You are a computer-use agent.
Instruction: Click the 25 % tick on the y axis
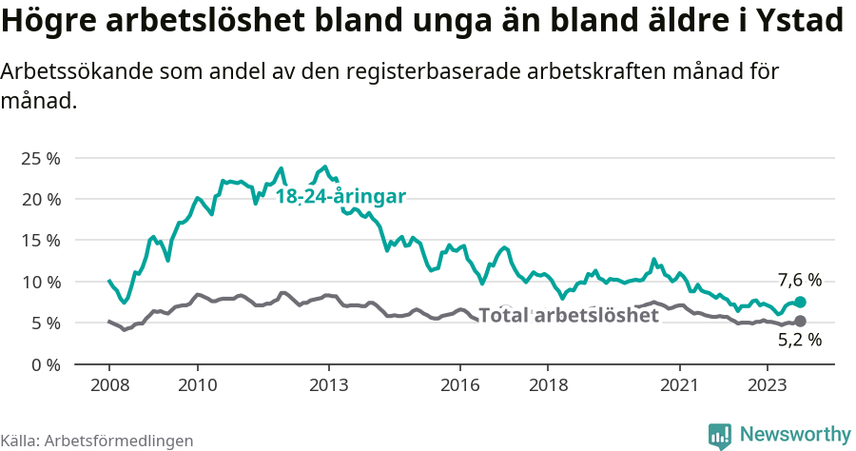click(x=40, y=158)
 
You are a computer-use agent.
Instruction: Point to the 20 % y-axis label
click(x=40, y=199)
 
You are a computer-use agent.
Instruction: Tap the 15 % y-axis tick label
click(x=40, y=240)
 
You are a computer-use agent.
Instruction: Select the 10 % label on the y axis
click(x=40, y=282)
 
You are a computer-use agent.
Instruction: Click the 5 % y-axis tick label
click(x=45, y=323)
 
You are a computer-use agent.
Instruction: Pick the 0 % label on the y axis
click(x=45, y=364)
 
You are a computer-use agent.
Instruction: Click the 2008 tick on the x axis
click(x=108, y=384)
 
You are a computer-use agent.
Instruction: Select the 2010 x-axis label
click(x=197, y=384)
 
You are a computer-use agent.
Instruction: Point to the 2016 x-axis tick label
click(x=460, y=384)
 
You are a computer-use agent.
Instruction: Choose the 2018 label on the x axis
click(x=548, y=384)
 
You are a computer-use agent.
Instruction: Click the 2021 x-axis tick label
click(x=680, y=384)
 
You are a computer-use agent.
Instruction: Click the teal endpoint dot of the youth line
click(x=801, y=302)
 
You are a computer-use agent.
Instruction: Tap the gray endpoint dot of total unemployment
click(x=801, y=322)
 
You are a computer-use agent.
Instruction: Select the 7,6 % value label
click(x=799, y=280)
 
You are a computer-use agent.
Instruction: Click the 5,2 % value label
click(x=799, y=340)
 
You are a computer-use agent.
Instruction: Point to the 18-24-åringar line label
click(x=340, y=197)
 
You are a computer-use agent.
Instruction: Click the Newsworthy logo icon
click(x=720, y=435)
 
